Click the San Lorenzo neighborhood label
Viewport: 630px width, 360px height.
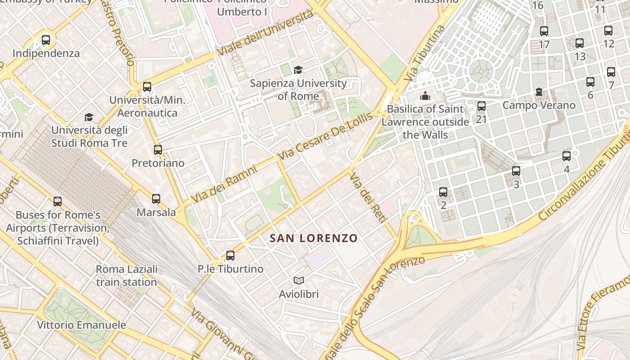click(x=314, y=238)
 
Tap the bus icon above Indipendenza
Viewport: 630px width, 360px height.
click(x=46, y=40)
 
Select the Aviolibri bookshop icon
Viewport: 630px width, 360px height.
click(x=298, y=281)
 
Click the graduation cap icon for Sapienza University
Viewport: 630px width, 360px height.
click(x=298, y=70)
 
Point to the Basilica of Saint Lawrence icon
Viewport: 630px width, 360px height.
click(x=425, y=96)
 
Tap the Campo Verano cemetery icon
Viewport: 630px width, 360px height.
click(x=539, y=92)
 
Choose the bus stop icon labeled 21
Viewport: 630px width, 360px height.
click(x=481, y=106)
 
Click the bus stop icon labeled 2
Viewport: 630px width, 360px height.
click(x=443, y=192)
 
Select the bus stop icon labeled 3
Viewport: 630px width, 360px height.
click(x=516, y=171)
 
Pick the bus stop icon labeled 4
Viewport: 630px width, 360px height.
click(x=567, y=156)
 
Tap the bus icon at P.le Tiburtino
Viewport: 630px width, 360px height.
click(x=230, y=256)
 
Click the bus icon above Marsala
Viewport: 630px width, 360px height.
click(x=156, y=198)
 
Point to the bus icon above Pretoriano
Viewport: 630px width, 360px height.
click(x=158, y=150)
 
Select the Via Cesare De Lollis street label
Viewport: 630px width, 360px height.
click(x=326, y=136)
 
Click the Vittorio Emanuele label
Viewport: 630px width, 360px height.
click(x=81, y=325)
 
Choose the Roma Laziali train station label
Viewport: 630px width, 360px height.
click(x=126, y=275)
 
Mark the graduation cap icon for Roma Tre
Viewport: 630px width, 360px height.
click(x=89, y=117)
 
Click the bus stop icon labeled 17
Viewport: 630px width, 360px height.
click(x=544, y=31)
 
